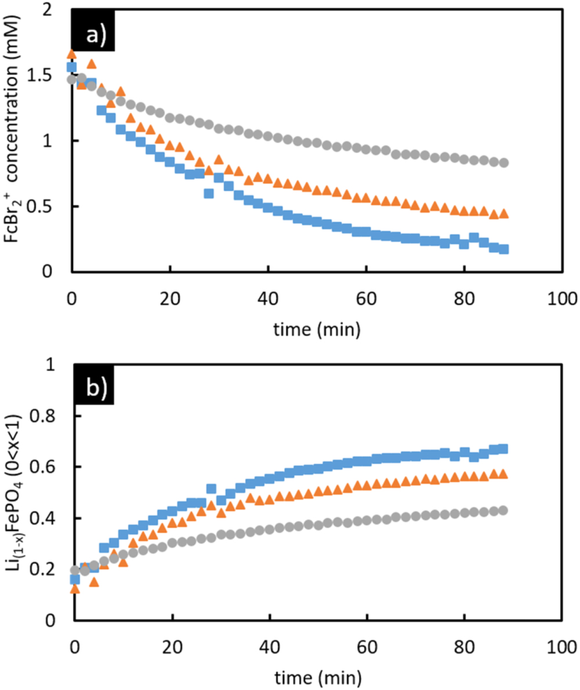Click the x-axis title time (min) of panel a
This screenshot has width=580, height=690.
pyautogui.click(x=318, y=329)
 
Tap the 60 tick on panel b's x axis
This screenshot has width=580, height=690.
pyautogui.click(x=366, y=647)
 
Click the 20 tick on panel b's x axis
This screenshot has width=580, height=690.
pyautogui.click(x=171, y=647)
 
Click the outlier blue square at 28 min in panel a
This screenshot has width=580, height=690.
pyautogui.click(x=209, y=193)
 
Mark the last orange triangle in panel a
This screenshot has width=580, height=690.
pyautogui.click(x=503, y=214)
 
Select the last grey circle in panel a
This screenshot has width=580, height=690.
pyautogui.click(x=503, y=163)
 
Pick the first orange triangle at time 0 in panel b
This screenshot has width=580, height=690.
pyautogui.click(x=74, y=588)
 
